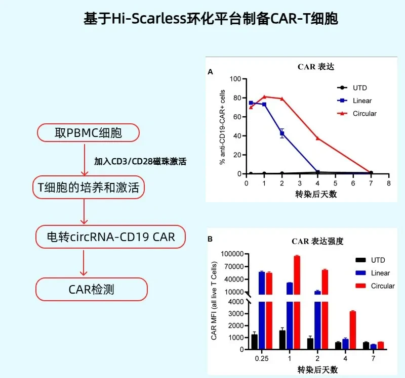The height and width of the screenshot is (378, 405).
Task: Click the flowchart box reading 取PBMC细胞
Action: (x=88, y=133)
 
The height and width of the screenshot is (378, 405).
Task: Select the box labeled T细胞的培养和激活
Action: (x=88, y=187)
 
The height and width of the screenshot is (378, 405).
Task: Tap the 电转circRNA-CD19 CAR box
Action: (x=110, y=237)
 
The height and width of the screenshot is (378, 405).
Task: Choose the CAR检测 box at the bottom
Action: (x=92, y=289)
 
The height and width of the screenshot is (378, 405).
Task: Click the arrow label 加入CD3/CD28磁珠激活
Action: (x=140, y=161)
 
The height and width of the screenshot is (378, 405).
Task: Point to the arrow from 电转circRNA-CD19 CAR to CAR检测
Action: (x=84, y=263)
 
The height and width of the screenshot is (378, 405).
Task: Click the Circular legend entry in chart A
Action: (x=357, y=114)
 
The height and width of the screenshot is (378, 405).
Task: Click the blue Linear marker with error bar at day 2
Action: (x=282, y=133)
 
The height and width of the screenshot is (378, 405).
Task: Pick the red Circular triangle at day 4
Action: (x=318, y=138)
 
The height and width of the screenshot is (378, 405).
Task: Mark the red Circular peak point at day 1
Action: (x=264, y=97)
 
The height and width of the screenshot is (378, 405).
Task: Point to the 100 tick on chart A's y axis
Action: (x=235, y=79)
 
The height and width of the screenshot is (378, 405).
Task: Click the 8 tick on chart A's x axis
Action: (x=389, y=183)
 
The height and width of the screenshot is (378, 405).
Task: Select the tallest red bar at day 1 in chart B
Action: (x=297, y=302)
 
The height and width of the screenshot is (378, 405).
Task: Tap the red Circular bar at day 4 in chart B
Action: (x=352, y=330)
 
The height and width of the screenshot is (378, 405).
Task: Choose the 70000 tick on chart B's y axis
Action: (x=234, y=267)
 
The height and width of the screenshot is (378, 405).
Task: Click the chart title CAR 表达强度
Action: (x=317, y=242)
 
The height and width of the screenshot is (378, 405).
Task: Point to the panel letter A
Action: (x=211, y=72)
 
